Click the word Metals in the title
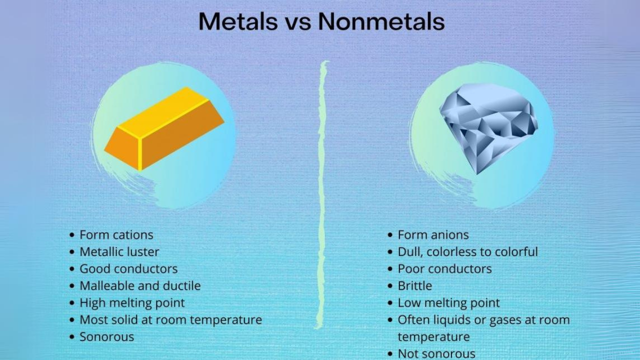click(x=237, y=22)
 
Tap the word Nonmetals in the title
click(x=381, y=22)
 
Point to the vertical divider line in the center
click(x=322, y=195)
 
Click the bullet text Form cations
click(x=116, y=234)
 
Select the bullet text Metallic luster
click(x=119, y=251)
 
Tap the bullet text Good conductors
click(x=128, y=268)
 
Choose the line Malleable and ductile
click(x=140, y=285)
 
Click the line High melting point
click(x=132, y=302)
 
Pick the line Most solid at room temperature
click(x=170, y=319)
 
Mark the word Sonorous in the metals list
click(x=107, y=336)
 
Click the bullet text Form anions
click(x=433, y=234)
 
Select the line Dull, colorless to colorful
click(x=467, y=251)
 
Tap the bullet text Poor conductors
click(x=444, y=268)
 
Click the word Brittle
click(x=414, y=285)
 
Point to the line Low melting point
click(x=448, y=302)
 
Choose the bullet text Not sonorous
click(x=436, y=353)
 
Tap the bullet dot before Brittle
click(x=390, y=286)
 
